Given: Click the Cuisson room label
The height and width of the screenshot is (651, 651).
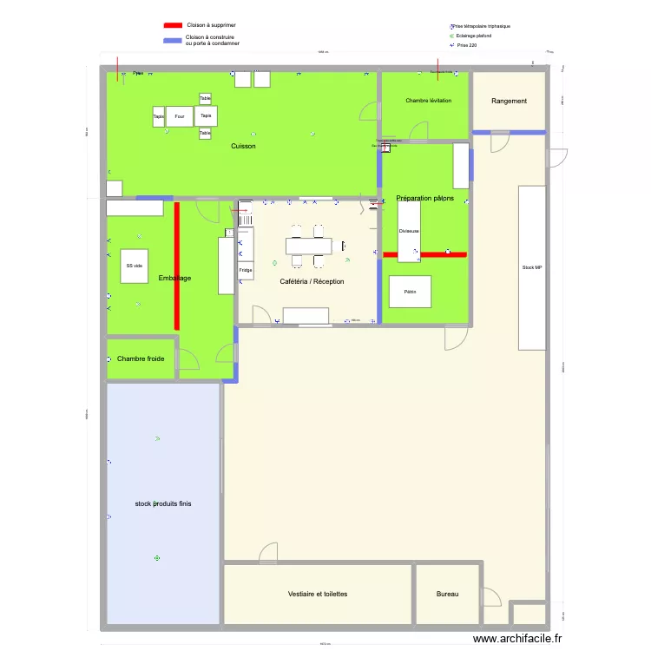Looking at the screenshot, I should tap(243, 147).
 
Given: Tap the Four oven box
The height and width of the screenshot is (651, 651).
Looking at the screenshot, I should tap(180, 116).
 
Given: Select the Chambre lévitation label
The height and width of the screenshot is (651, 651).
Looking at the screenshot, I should tap(428, 102).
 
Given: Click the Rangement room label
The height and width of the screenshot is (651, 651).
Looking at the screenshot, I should tap(509, 102).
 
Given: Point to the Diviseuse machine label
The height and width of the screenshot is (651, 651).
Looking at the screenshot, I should tap(409, 232).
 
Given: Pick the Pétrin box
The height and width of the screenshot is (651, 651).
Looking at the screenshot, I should tap(410, 293).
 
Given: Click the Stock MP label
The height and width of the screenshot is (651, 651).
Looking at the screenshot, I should tap(531, 268).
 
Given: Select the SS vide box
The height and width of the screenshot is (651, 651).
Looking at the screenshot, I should tap(134, 266).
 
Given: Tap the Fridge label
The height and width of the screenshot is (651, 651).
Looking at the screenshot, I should tap(246, 271).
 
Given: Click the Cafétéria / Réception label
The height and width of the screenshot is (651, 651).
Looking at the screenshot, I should tap(312, 282).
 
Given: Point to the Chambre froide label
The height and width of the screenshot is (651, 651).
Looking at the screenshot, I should tap(141, 358).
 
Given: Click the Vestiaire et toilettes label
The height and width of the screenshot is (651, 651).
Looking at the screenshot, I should tap(318, 595).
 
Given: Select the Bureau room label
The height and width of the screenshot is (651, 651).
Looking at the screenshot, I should tap(447, 595).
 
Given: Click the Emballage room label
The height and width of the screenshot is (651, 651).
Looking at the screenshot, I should tap(174, 278).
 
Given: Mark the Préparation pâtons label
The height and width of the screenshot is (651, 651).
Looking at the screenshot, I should tap(424, 199).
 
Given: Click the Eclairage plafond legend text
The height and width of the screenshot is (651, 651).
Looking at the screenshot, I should tap(474, 36).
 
